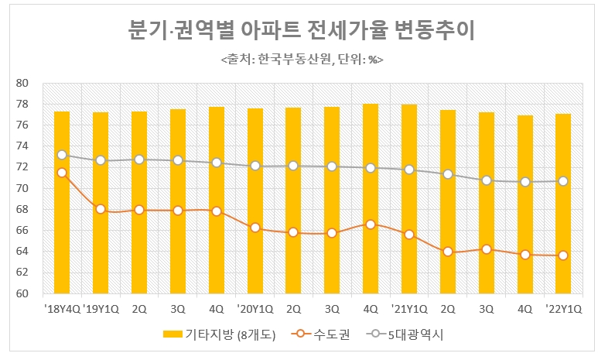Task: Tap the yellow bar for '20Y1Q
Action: point(255,201)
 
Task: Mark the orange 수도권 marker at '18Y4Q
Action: point(62,173)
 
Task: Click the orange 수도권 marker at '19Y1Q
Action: point(101,209)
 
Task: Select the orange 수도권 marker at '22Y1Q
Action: point(563,255)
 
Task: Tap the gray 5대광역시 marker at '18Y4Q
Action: point(62,155)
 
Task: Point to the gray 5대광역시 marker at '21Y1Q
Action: point(409,170)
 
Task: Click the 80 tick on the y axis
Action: point(22,83)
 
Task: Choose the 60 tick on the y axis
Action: point(22,294)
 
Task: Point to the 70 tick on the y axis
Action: point(22,189)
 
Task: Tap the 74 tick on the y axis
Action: point(22,146)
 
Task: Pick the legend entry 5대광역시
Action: point(405,334)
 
